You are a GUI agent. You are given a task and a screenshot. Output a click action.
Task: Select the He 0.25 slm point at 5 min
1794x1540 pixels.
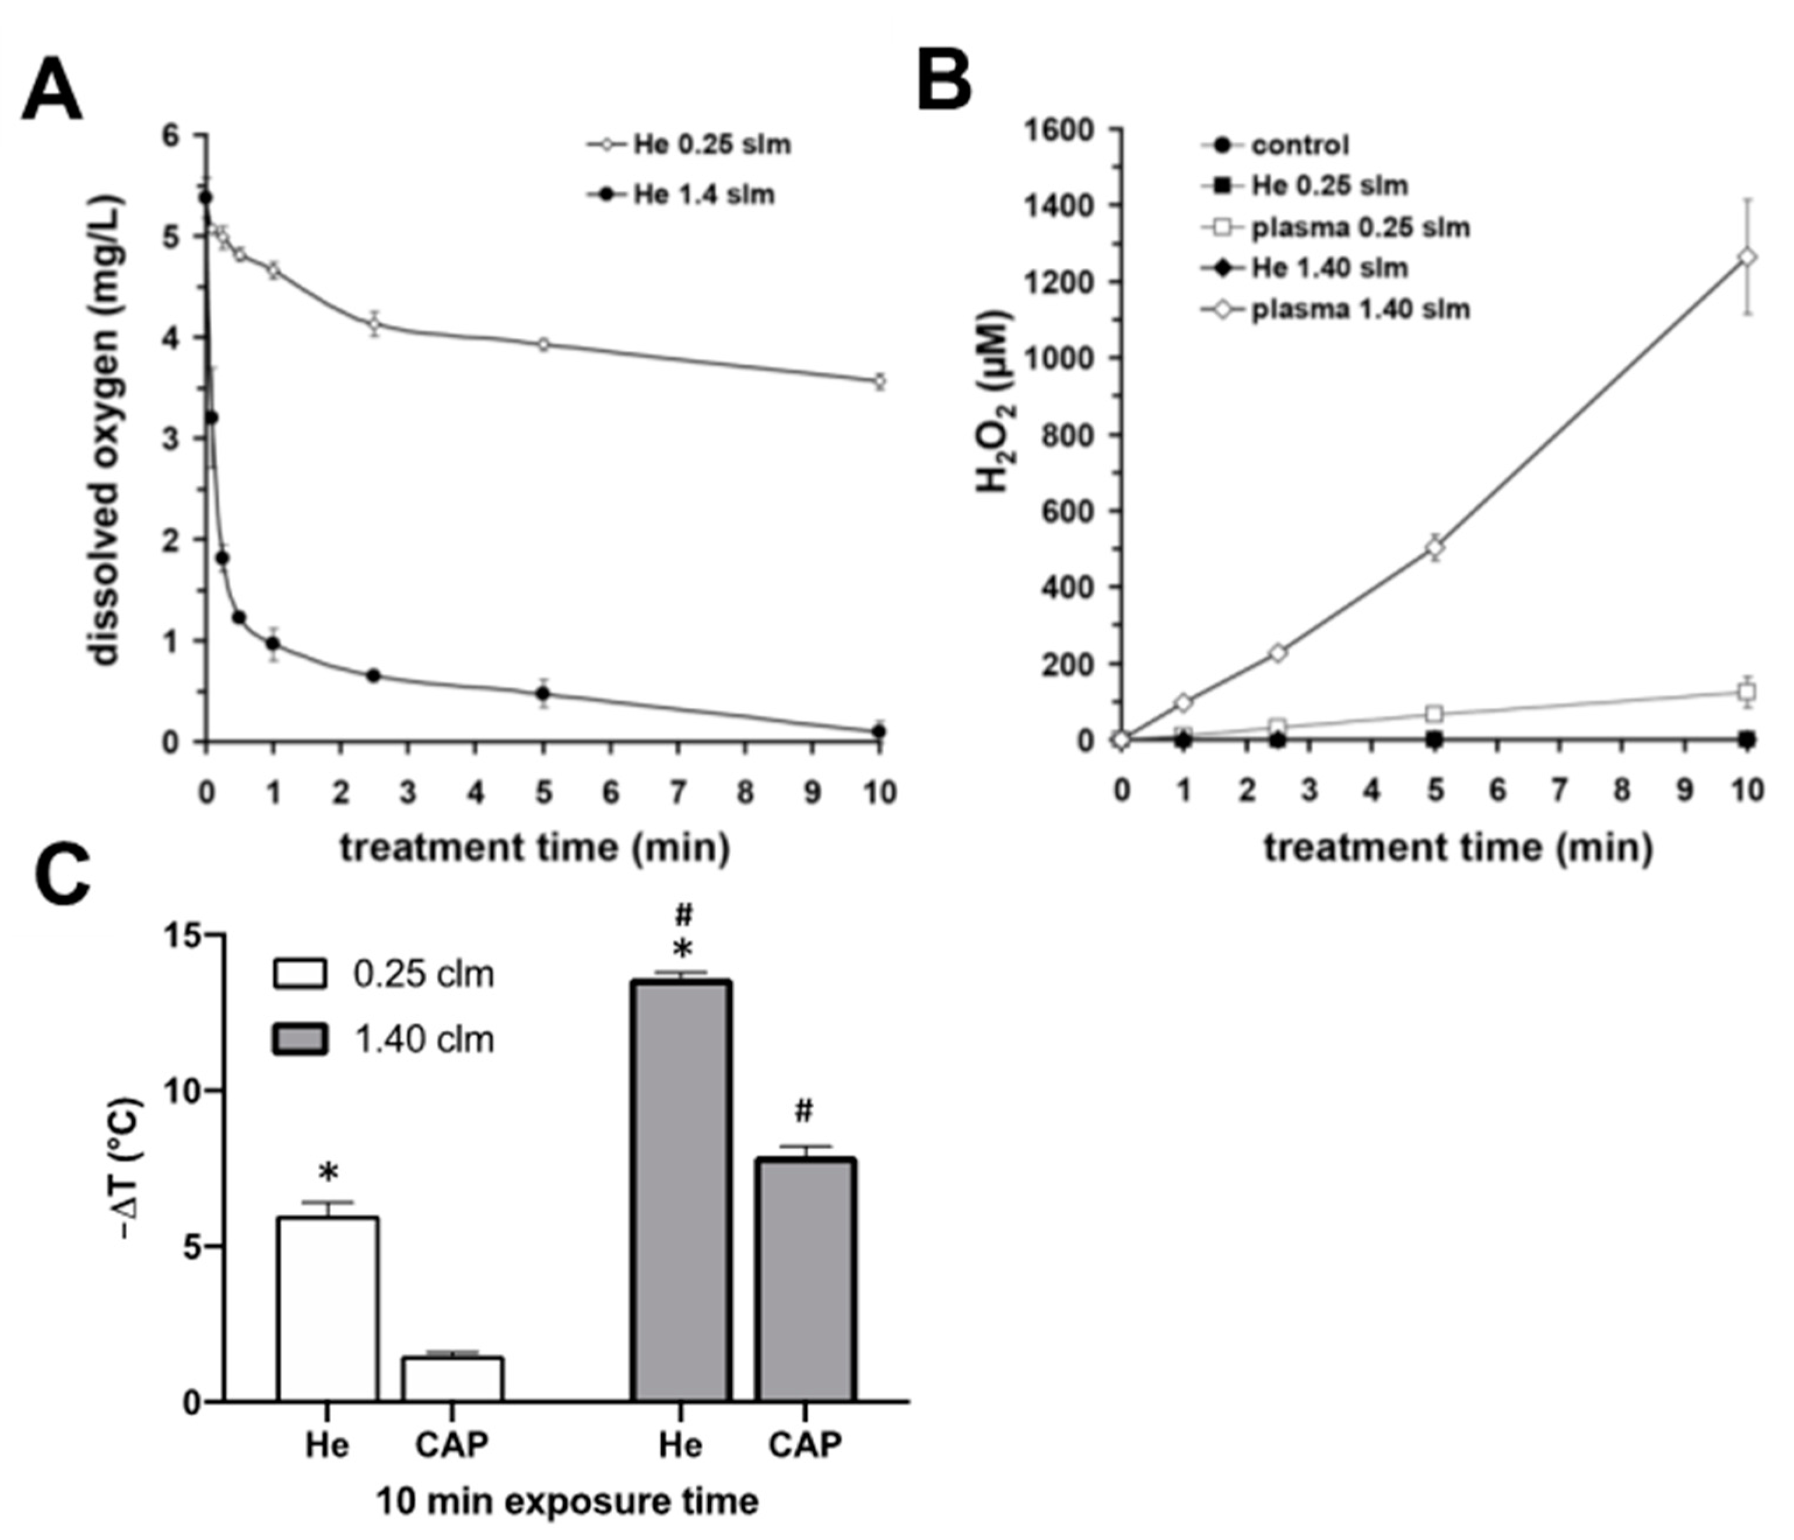coord(544,344)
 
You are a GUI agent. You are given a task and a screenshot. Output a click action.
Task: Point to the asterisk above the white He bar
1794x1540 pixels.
coord(328,1174)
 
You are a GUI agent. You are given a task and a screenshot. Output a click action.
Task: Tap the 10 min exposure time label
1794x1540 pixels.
coord(567,1501)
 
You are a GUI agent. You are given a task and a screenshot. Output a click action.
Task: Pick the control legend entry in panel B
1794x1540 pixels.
coord(1299,145)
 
